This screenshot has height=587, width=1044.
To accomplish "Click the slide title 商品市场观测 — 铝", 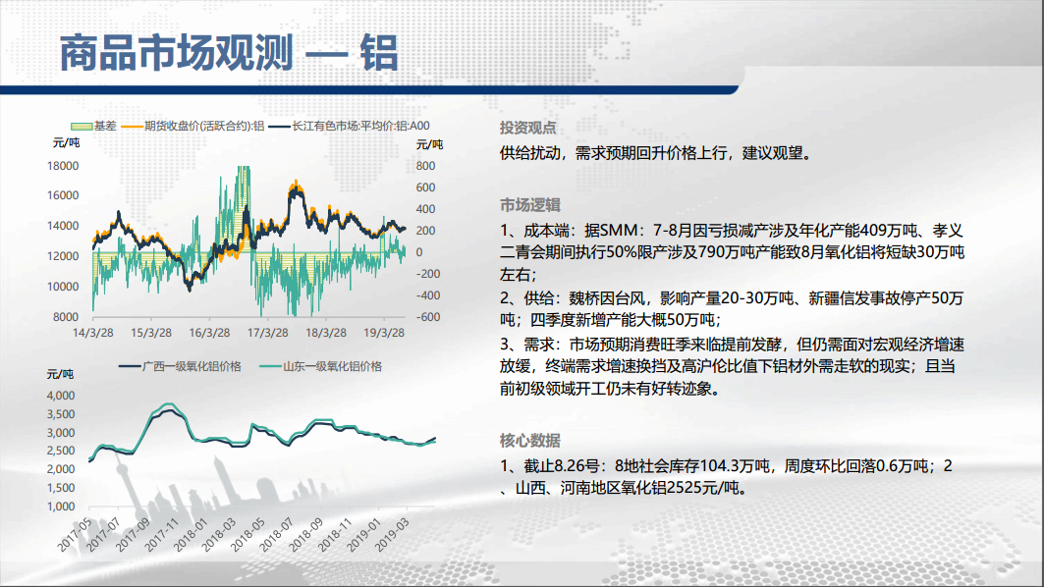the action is tap(229, 53).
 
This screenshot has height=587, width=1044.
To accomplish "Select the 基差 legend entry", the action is tap(94, 126).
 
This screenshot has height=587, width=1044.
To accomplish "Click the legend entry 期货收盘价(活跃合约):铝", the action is tap(193, 126).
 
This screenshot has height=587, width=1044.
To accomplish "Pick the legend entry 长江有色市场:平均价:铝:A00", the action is tap(350, 126).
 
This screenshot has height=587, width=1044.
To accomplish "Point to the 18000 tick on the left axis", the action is tap(63, 166).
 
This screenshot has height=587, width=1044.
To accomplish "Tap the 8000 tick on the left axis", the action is tap(66, 317).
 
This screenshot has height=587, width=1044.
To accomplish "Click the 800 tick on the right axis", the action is tap(425, 166).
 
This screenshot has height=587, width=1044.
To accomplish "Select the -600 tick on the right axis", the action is tap(428, 317).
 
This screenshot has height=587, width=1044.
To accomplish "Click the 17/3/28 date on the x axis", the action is tap(268, 333).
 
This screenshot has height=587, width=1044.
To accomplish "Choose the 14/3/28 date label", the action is tap(93, 333).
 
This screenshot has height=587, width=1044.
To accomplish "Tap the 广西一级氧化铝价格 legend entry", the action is tap(180, 366).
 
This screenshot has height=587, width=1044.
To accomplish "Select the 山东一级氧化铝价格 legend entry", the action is tap(321, 366).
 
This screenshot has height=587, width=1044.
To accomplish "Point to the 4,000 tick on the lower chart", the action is tap(61, 396).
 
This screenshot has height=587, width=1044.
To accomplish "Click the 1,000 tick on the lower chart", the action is tap(61, 506).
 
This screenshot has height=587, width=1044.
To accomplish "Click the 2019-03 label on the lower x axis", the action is tap(392, 534).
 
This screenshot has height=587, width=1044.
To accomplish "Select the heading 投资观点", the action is tap(528, 128).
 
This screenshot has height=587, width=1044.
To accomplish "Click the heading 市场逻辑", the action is tap(530, 205).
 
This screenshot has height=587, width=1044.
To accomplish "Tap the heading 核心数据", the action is tap(530, 441).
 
